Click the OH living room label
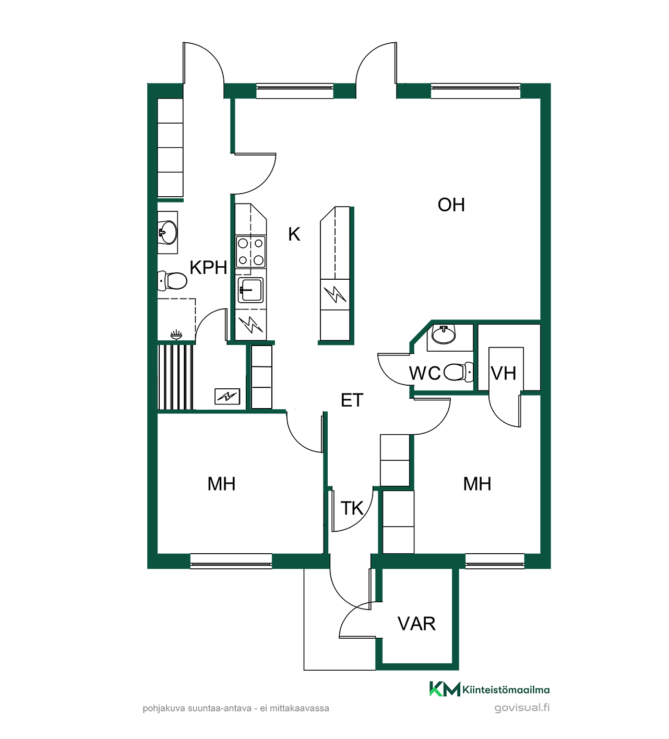(451, 205)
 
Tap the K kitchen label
(294, 234)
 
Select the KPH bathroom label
(208, 267)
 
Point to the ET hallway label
(352, 400)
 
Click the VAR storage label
(416, 624)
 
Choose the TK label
(352, 508)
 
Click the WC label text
(425, 373)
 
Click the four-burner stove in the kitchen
(250, 252)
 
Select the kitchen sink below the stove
(250, 290)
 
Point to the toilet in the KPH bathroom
(172, 281)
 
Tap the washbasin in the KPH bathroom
(168, 232)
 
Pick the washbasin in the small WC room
(444, 334)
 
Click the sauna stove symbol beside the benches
(228, 397)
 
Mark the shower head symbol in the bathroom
(176, 335)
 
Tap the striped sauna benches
(175, 377)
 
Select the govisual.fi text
(522, 708)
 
